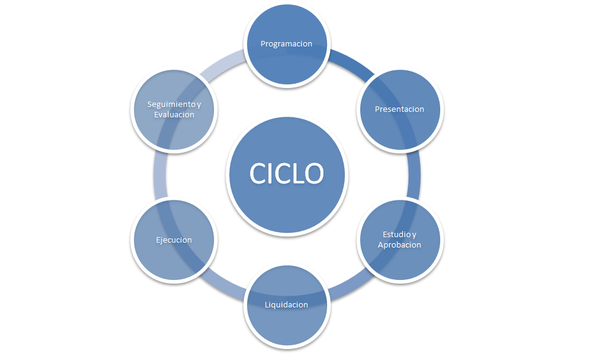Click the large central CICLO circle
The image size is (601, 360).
[x=286, y=174]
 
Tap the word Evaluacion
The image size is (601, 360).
[x=174, y=114]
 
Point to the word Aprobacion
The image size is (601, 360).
[x=400, y=244]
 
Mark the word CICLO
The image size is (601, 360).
[x=286, y=174]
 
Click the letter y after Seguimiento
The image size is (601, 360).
[x=199, y=105]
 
